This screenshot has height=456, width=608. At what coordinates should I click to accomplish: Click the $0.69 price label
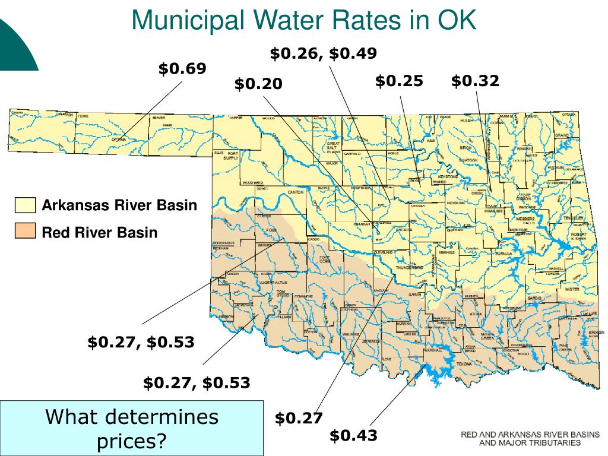(x=182, y=69)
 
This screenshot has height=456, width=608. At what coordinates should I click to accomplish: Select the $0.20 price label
(x=258, y=84)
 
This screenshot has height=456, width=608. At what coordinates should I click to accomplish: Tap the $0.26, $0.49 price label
(x=323, y=53)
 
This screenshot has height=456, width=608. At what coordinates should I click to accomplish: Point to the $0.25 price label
(x=399, y=81)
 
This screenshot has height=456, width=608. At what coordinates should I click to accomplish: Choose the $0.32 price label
(x=475, y=81)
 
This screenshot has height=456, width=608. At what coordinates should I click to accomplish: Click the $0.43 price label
(x=353, y=435)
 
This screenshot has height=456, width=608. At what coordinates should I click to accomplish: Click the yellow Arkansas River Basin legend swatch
(x=26, y=205)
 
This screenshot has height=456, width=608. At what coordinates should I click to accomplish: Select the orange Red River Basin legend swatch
(x=26, y=232)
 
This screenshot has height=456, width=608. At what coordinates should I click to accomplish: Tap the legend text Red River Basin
(x=100, y=232)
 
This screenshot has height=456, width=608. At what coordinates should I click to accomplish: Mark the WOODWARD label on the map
(x=252, y=182)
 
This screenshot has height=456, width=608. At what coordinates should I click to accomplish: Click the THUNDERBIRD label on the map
(x=410, y=268)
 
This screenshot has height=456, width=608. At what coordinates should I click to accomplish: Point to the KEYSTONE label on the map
(x=448, y=176)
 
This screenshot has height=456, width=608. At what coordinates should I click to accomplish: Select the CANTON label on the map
(x=295, y=192)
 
